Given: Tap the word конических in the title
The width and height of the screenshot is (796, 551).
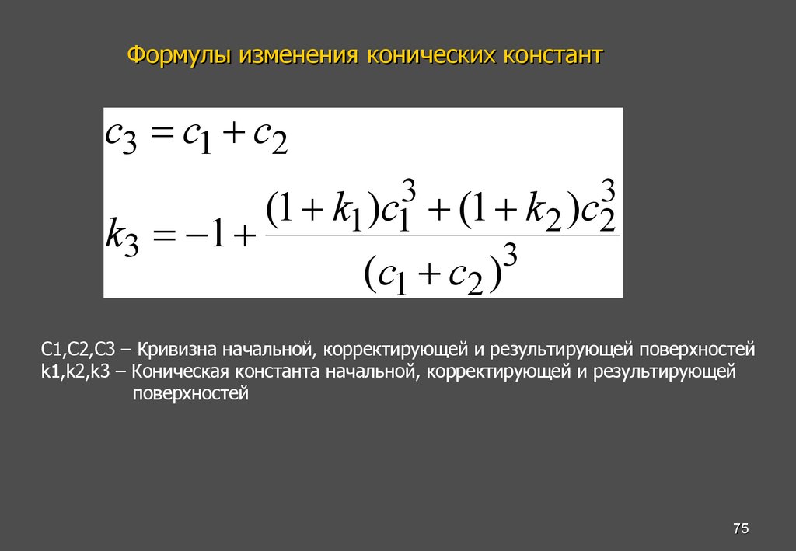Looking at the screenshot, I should click(433, 56).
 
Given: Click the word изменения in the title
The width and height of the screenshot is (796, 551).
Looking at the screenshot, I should click(298, 56).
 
